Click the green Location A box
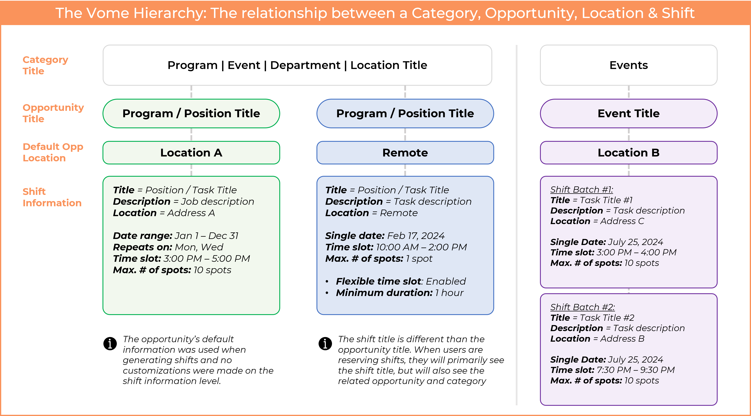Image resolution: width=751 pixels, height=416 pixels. (x=191, y=152)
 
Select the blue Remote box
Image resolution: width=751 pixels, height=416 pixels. (x=405, y=152)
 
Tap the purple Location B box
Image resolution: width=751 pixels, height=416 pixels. (x=629, y=152)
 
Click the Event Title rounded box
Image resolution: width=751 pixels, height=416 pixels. (x=629, y=113)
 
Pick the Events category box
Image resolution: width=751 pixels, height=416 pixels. (x=629, y=65)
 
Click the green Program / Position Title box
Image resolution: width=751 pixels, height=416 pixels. (x=191, y=113)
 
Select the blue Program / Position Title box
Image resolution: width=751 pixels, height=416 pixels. (x=405, y=113)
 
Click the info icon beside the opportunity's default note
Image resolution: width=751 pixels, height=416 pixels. (x=110, y=343)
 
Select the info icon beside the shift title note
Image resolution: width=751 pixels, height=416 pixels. (x=325, y=343)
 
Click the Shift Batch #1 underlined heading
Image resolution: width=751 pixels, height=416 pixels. (x=581, y=190)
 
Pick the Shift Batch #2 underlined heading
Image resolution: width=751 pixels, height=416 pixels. (x=582, y=307)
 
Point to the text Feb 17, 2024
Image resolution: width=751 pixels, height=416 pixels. (x=416, y=235)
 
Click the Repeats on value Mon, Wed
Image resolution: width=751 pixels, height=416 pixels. (x=199, y=247)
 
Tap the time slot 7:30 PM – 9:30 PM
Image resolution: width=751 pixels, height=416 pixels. (x=636, y=370)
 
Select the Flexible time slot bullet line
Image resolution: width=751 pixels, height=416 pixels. (x=401, y=281)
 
